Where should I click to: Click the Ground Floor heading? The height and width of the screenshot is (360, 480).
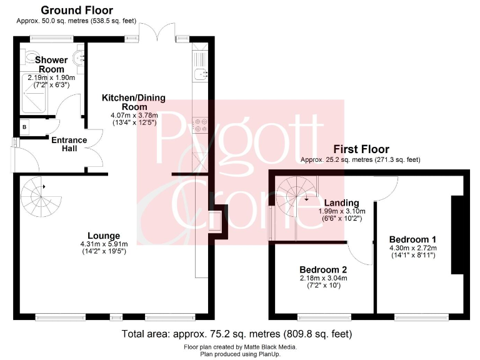[x=77, y=10]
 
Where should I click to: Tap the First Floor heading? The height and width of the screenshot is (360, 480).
[x=361, y=149]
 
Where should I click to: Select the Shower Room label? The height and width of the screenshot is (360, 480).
[x=52, y=64]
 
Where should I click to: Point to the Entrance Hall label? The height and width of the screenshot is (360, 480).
[x=69, y=144]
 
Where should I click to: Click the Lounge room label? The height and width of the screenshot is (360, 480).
[x=104, y=236]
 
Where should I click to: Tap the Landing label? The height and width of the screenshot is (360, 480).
[x=341, y=202]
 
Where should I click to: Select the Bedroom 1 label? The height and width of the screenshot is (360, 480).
[x=412, y=239]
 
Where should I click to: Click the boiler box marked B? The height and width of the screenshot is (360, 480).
[x=24, y=127]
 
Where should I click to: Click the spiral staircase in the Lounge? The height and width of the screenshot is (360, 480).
[x=41, y=198]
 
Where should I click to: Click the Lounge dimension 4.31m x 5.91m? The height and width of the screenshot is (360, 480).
[x=104, y=244]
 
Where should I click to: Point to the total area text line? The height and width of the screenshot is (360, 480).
[x=237, y=333]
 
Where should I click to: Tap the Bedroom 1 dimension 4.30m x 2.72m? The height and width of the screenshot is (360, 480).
[x=413, y=247]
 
